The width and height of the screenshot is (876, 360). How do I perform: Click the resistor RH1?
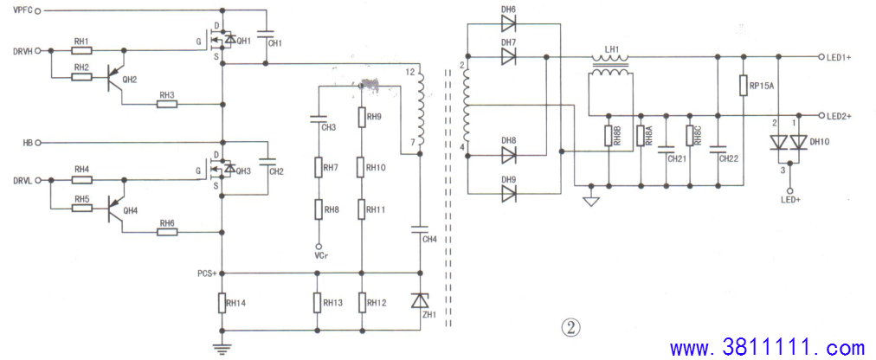click(81, 50)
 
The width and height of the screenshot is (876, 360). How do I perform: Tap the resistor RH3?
click(167, 104)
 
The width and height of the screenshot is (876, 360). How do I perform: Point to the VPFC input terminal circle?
click(38, 10)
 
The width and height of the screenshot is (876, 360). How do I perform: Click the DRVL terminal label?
click(23, 180)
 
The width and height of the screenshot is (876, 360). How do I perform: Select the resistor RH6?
click(167, 232)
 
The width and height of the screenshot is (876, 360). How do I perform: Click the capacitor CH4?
click(419, 228)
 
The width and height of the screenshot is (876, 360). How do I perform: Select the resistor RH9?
click(361, 117)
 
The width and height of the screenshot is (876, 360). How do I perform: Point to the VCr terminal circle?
click(319, 246)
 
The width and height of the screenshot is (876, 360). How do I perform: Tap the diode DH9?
click(508, 194)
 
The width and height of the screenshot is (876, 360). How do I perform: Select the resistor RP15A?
click(743, 86)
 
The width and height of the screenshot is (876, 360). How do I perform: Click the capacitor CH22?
click(718, 149)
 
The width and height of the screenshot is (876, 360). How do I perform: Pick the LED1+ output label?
click(839, 57)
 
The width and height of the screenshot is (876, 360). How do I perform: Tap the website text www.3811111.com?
click(768, 348)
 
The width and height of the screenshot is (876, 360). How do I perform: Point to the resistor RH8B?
click(608, 136)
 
